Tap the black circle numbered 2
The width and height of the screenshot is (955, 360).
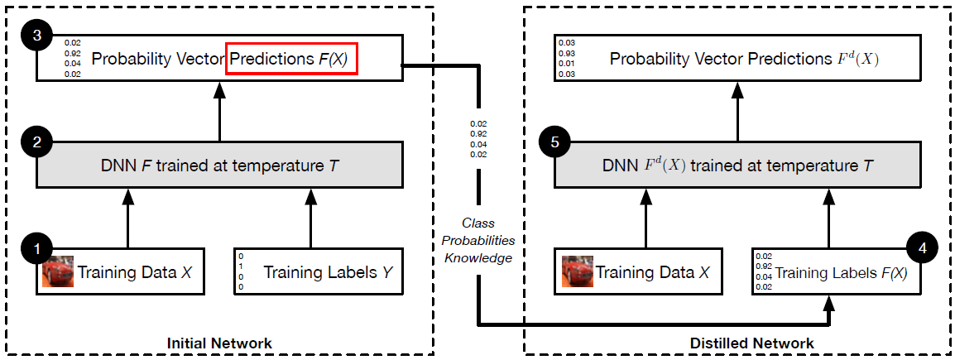click(x=36, y=142)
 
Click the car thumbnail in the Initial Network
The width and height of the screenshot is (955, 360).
click(x=58, y=271)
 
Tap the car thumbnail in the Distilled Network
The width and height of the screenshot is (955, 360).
click(x=577, y=271)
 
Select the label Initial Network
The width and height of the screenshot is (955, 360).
click(x=219, y=343)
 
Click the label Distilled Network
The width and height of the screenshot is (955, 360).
click(x=739, y=343)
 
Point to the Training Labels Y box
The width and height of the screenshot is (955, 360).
click(x=319, y=271)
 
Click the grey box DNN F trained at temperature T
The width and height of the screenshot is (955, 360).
click(x=219, y=164)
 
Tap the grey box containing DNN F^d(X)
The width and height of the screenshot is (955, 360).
click(x=738, y=164)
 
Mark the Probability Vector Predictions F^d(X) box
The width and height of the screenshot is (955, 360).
click(x=738, y=59)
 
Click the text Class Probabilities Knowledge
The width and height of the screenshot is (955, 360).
click(x=478, y=240)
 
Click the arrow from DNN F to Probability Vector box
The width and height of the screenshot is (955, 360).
click(x=219, y=111)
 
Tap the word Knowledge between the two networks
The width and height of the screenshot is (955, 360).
click(x=478, y=257)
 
